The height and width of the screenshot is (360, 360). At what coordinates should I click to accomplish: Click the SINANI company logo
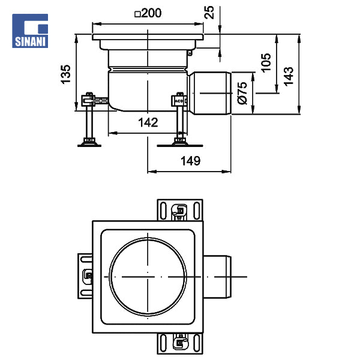click(x=30, y=31)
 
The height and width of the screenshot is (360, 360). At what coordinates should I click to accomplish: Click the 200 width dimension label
click(x=151, y=13)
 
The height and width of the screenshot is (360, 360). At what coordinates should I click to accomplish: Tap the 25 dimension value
click(x=209, y=12)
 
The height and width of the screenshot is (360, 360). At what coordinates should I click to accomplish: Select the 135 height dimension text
click(x=65, y=74)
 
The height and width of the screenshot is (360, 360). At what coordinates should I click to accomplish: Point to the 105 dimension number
click(x=266, y=63)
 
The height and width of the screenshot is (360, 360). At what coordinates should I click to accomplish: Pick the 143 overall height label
click(x=289, y=76)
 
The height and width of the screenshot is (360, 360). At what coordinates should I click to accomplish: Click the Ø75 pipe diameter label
click(x=242, y=93)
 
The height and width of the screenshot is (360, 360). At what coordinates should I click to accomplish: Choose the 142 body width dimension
click(x=148, y=122)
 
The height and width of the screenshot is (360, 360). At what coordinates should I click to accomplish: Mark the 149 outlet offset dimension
click(x=191, y=161)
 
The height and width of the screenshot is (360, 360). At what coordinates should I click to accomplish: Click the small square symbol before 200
click(x=137, y=14)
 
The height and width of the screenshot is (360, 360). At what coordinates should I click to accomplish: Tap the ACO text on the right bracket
click(x=179, y=101)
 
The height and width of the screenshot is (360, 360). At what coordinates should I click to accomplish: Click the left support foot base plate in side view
click(x=89, y=145)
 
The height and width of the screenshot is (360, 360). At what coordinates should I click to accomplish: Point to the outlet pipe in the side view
click(x=210, y=93)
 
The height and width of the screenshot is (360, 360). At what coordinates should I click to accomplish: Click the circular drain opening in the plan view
click(x=148, y=277)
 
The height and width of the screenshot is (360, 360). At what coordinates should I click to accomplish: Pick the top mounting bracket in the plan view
click(x=180, y=210)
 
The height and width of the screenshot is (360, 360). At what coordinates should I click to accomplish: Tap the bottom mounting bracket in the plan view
click(x=180, y=343)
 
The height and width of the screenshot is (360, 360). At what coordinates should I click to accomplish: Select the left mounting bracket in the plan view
click(x=85, y=276)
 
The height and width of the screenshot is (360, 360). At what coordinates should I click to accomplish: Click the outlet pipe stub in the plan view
click(x=217, y=277)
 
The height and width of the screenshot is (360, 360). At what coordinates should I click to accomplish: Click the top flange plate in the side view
click(x=148, y=37)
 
